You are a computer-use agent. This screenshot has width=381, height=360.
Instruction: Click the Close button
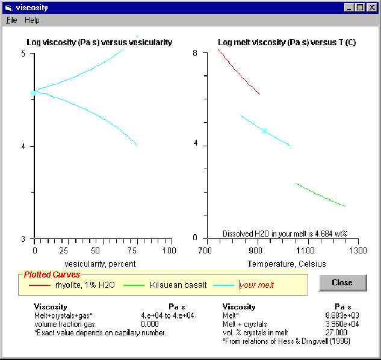[342, 283]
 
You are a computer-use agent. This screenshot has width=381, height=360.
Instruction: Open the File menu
[11, 20]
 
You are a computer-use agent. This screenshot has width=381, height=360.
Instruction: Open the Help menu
[32, 20]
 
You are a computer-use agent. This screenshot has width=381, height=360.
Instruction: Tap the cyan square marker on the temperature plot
[264, 131]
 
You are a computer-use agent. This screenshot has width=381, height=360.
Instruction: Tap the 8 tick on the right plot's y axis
[195, 54]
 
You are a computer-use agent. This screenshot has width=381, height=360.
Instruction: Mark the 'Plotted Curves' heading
[52, 275]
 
